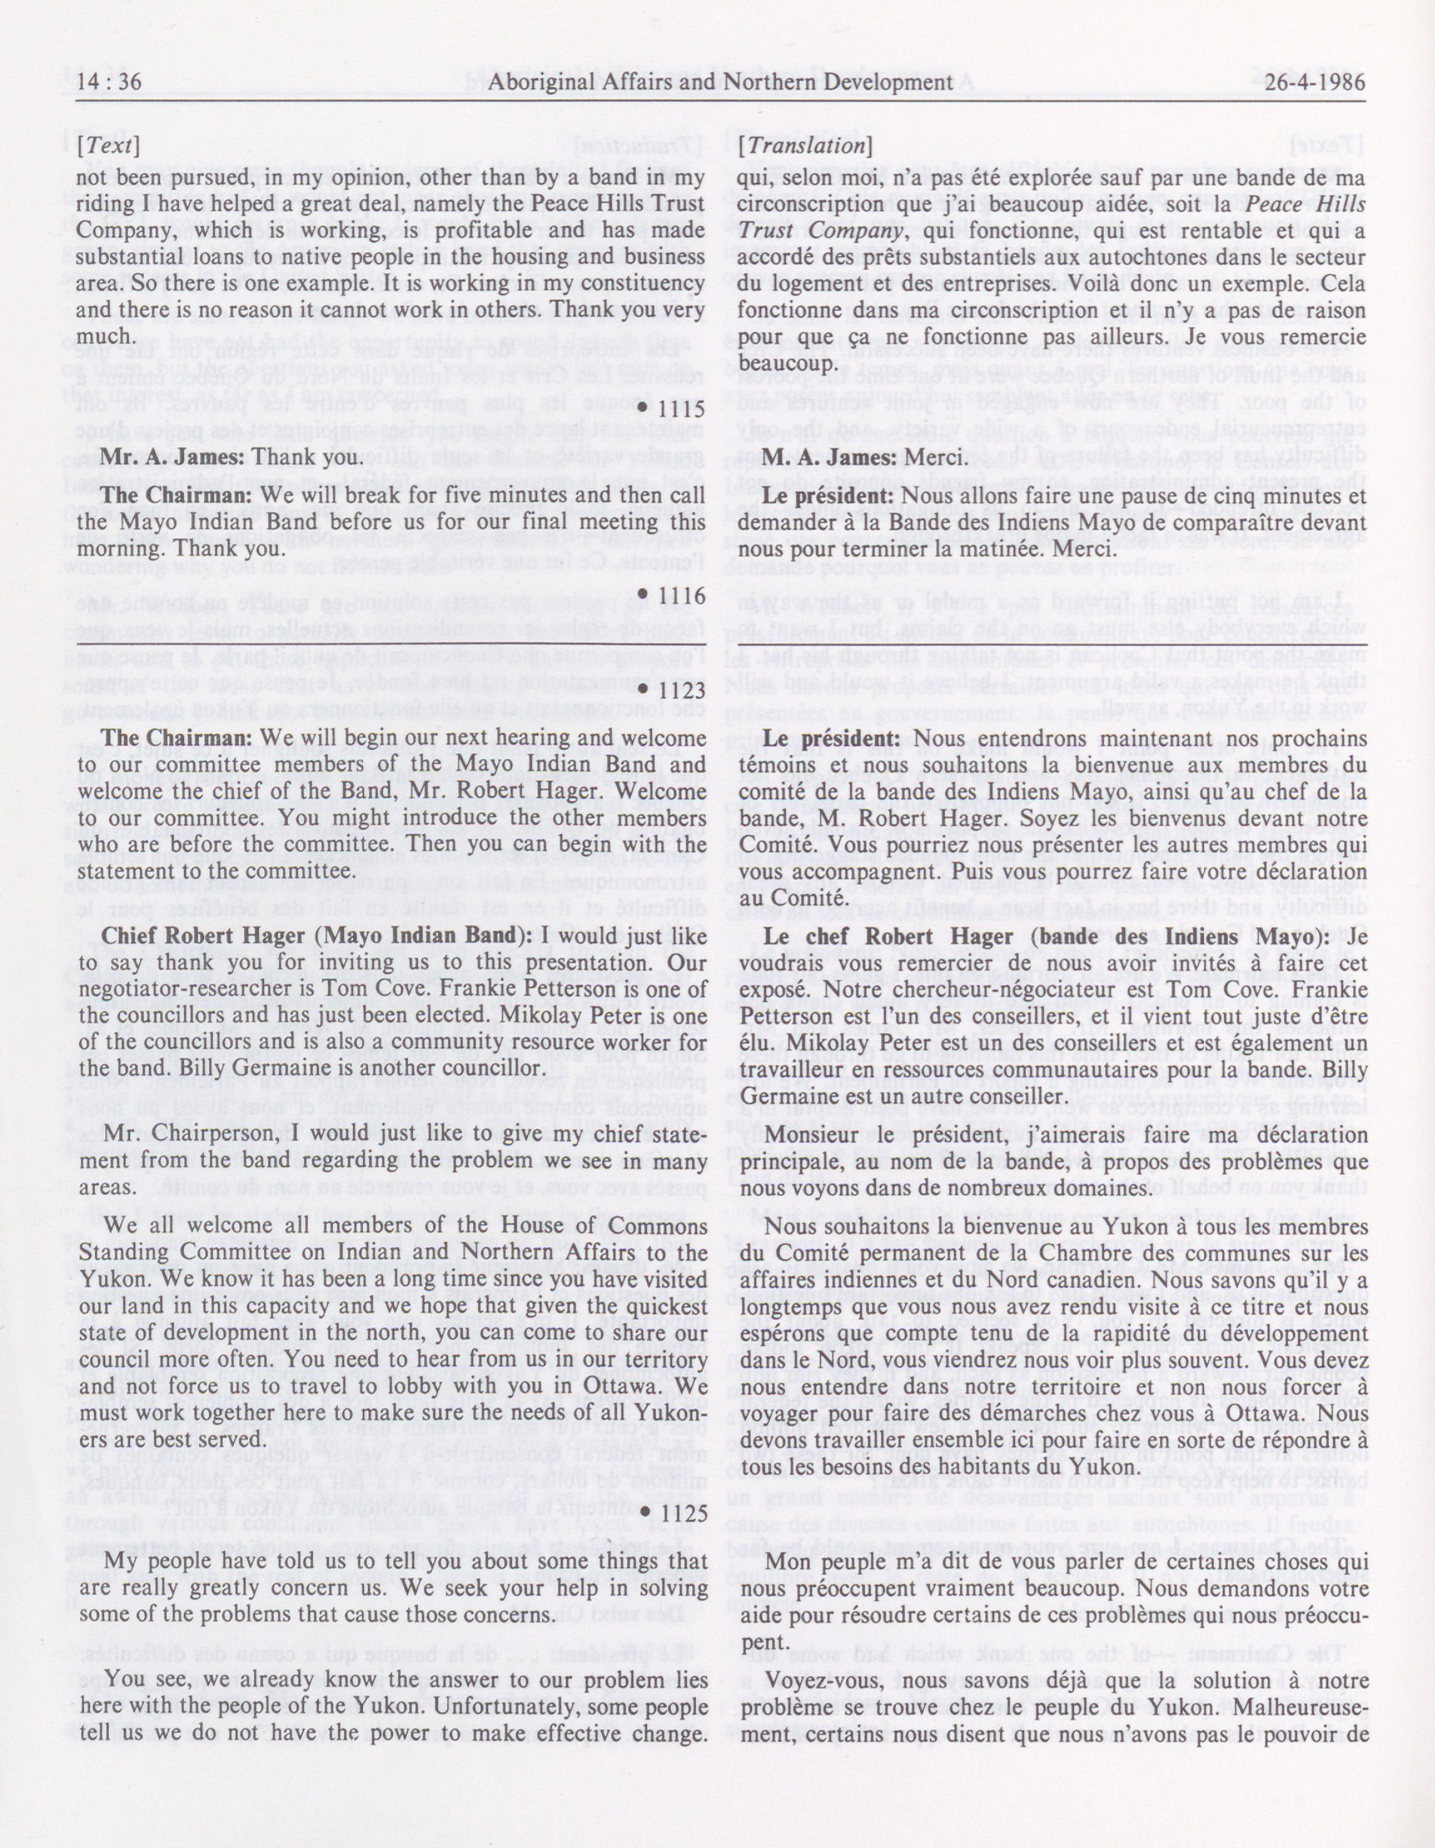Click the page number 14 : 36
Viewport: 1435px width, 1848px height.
tap(109, 82)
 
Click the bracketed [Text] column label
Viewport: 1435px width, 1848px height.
tap(108, 146)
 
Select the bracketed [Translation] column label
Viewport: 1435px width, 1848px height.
tap(804, 146)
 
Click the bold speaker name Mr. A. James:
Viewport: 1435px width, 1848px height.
tap(173, 456)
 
